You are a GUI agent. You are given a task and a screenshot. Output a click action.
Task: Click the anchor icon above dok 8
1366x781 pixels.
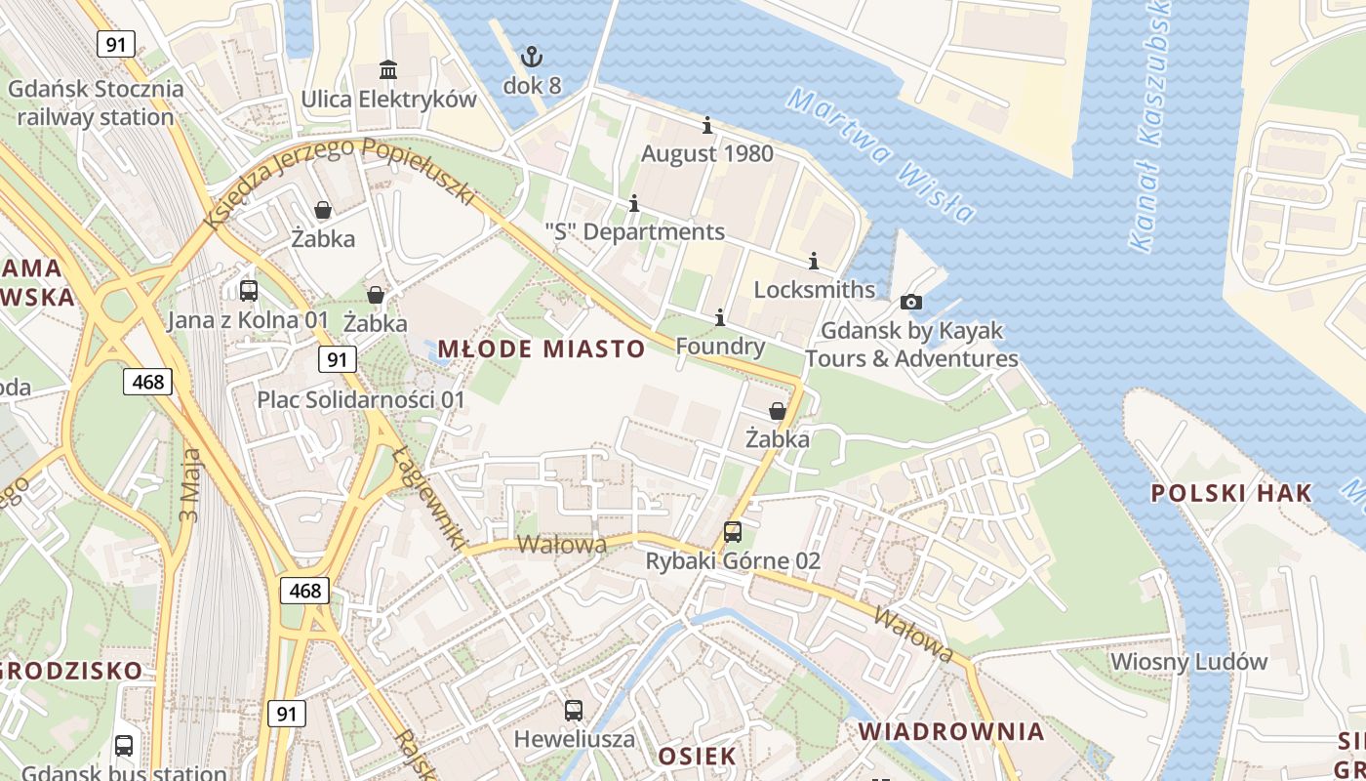pos(532,57)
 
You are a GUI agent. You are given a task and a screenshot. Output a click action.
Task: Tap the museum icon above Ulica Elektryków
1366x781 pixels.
pos(388,70)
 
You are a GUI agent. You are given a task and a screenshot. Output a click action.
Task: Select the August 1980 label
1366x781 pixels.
pos(707,153)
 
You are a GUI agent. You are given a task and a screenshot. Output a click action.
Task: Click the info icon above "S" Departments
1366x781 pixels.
pos(634,203)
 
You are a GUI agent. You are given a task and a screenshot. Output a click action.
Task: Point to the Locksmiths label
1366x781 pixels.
pos(815,290)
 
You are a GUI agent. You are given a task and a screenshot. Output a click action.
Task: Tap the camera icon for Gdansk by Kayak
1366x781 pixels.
pos(911,302)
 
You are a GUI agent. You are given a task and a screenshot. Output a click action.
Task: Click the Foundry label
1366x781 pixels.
pos(720,347)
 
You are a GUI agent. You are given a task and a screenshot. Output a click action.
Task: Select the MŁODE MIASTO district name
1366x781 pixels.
pos(542,349)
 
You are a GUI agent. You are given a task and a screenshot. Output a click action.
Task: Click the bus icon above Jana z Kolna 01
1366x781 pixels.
pos(249,290)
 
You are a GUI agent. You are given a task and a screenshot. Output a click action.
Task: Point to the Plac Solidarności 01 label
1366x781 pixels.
pos(361,399)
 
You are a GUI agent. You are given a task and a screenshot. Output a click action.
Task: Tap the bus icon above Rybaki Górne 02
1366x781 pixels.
pos(733,532)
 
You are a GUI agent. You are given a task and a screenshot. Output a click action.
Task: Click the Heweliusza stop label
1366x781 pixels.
pos(575,738)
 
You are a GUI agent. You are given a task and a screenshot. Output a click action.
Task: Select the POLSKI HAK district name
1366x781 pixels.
pos(1231,493)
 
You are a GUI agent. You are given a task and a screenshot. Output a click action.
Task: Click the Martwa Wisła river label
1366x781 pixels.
pos(880,154)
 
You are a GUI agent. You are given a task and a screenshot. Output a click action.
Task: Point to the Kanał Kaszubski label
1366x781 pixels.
pos(1149,127)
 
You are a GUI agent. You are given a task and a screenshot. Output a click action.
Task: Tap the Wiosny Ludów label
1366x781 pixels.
pos(1189,661)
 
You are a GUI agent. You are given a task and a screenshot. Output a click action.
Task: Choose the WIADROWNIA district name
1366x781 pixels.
pos(951,731)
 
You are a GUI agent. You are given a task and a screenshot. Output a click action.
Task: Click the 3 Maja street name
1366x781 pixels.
pos(190,485)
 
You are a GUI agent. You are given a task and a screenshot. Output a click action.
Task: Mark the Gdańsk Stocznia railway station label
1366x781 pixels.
pos(96,103)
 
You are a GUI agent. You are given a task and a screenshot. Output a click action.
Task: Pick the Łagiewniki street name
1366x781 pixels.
pos(429,498)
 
